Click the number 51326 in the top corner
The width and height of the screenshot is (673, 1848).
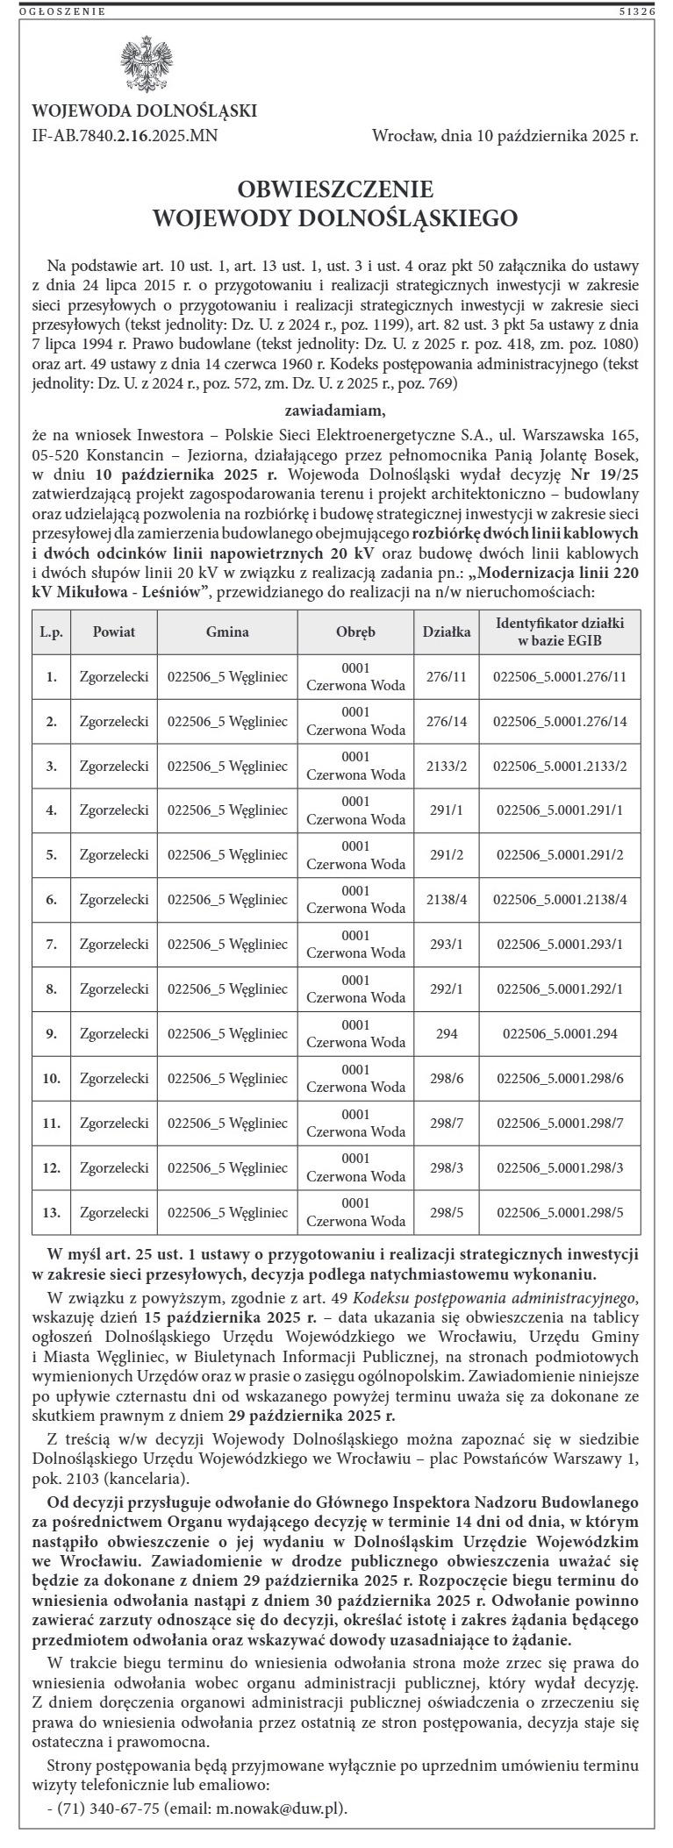[x=637, y=11]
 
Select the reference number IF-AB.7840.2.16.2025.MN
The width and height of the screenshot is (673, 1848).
[x=125, y=136]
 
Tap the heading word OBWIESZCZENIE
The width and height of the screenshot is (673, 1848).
[x=336, y=189]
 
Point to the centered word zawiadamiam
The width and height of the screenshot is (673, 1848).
[x=336, y=410]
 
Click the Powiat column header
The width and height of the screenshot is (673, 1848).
[x=114, y=631]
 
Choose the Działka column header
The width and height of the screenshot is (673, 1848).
[x=447, y=631]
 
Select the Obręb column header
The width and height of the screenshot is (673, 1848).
[x=355, y=631]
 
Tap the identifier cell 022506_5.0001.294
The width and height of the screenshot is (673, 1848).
[x=560, y=1034]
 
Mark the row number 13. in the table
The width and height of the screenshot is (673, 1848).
[x=52, y=1212]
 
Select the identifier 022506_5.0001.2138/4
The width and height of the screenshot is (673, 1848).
[x=560, y=900]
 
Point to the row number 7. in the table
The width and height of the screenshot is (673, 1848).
[x=52, y=945]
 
